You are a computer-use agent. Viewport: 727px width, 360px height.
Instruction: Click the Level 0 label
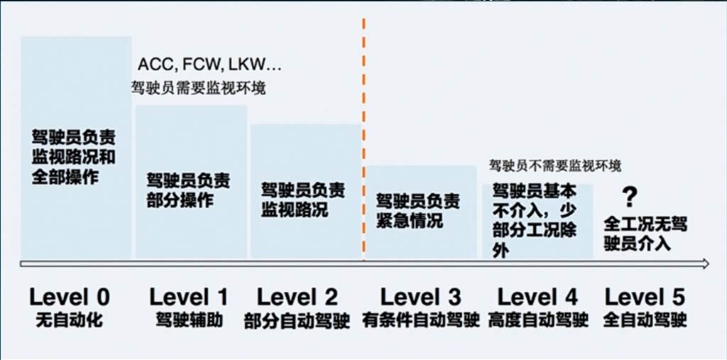(70, 297)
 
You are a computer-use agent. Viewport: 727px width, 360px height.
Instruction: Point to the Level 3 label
(420, 297)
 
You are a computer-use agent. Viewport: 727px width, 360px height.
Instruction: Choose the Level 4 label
(537, 297)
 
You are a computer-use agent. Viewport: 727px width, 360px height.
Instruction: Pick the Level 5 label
(645, 297)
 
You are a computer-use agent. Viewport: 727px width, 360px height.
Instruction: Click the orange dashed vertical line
(363, 142)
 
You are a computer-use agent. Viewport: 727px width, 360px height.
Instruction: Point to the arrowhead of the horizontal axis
(705, 264)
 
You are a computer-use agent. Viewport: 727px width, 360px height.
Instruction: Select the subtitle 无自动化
(70, 320)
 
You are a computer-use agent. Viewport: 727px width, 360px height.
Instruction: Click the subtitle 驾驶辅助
(189, 320)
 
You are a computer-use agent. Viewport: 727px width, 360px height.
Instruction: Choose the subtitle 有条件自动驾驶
(420, 321)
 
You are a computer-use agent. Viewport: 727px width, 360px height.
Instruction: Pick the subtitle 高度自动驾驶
(538, 321)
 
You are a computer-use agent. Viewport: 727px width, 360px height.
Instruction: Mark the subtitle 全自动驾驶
(645, 321)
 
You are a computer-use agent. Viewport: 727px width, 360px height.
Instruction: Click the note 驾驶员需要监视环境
(198, 89)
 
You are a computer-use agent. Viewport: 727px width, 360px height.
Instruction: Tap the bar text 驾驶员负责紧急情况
(417, 210)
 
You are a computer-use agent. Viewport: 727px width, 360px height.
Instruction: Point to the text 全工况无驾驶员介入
(645, 234)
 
